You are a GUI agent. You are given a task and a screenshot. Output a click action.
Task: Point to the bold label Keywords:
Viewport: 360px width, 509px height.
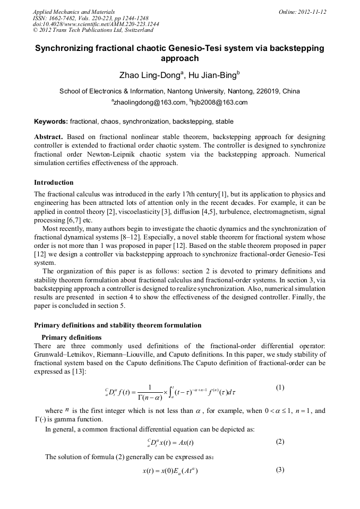(51, 122)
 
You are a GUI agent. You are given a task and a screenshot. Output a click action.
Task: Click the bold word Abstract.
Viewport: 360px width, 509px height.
(49, 136)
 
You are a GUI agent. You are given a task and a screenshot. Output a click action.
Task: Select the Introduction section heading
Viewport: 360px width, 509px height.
(54, 183)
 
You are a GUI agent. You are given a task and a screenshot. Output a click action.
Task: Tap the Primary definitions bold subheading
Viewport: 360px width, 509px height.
(71, 337)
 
